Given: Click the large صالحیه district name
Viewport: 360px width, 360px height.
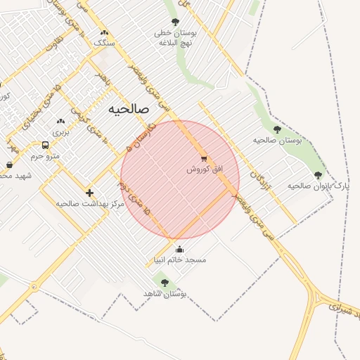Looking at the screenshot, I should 129,110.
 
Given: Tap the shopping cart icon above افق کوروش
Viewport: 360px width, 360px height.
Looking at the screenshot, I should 204,159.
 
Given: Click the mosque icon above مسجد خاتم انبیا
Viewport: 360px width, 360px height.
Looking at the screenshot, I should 179,249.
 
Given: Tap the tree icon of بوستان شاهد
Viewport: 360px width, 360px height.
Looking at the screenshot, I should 165,282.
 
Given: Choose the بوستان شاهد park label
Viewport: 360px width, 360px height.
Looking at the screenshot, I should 165,292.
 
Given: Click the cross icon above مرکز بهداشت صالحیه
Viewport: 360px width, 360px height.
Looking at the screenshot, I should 89,193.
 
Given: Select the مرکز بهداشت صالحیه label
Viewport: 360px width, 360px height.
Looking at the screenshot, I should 90,203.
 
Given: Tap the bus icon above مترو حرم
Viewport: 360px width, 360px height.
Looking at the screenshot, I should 46,145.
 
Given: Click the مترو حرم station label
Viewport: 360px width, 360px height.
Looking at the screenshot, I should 48,155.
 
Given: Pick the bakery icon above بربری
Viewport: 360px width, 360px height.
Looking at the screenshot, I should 60,121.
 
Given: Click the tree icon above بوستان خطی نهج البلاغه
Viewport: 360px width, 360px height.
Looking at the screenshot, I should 175,22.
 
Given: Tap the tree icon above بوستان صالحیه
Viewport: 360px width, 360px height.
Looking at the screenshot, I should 277,129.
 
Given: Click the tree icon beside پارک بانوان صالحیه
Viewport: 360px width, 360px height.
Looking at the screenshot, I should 318,175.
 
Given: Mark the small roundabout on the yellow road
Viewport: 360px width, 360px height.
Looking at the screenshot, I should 34,286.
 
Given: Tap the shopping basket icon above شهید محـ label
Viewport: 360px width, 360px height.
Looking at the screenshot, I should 9,165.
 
